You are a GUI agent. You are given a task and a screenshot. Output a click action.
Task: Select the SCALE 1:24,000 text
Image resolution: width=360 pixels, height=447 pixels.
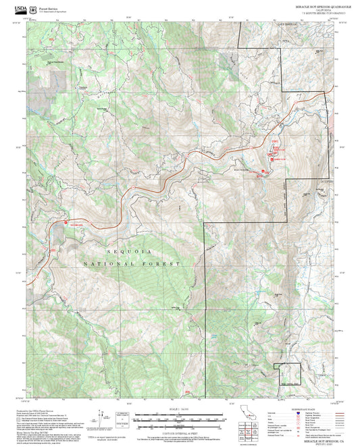[180, 409]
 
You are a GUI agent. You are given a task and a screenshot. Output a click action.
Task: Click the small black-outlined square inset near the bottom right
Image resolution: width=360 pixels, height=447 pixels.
[287, 373]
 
